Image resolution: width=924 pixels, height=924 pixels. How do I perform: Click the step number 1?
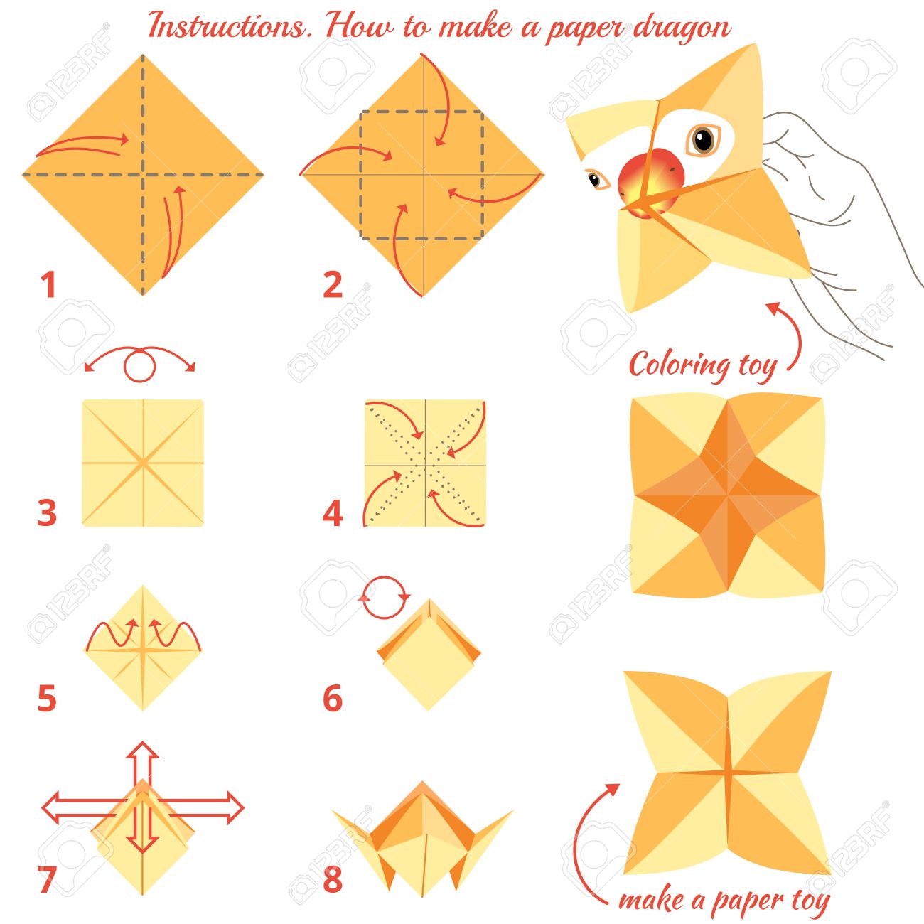pyautogui.click(x=48, y=285)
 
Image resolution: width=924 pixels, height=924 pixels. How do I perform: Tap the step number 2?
pyautogui.click(x=333, y=285)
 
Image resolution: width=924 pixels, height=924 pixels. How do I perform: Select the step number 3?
pyautogui.click(x=47, y=512)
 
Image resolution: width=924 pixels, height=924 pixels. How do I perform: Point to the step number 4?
pyautogui.click(x=333, y=512)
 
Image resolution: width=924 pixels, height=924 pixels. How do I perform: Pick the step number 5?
pyautogui.click(x=47, y=698)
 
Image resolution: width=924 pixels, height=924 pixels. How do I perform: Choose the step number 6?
pyautogui.click(x=333, y=698)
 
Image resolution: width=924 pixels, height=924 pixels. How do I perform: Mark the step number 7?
pyautogui.click(x=47, y=879)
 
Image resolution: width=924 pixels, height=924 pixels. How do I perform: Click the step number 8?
pyautogui.click(x=333, y=879)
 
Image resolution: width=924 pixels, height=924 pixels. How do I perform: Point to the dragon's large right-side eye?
pyautogui.click(x=704, y=139)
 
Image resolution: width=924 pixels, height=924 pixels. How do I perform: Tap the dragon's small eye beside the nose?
pyautogui.click(x=596, y=180)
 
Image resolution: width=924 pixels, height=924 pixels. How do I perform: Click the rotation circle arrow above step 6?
pyautogui.click(x=385, y=598)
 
